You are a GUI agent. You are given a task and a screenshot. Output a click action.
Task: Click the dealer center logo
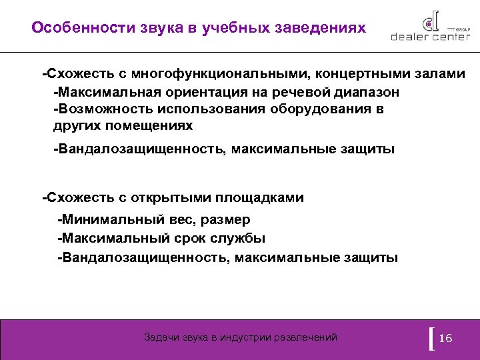(x=427, y=27)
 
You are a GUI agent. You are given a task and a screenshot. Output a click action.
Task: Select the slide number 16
(x=446, y=339)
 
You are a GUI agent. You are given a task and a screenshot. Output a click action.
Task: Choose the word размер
(x=225, y=220)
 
